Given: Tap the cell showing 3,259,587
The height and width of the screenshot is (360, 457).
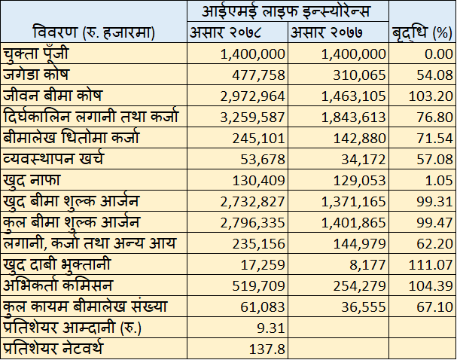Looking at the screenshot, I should (253, 117).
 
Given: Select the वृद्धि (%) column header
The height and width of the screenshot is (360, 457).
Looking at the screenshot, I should (422, 33).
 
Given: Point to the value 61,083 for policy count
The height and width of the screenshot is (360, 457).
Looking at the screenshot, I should (263, 307).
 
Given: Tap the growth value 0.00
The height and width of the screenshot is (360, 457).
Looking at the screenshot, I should (437, 54).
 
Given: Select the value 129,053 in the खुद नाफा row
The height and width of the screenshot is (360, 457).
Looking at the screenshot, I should (357, 181).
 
